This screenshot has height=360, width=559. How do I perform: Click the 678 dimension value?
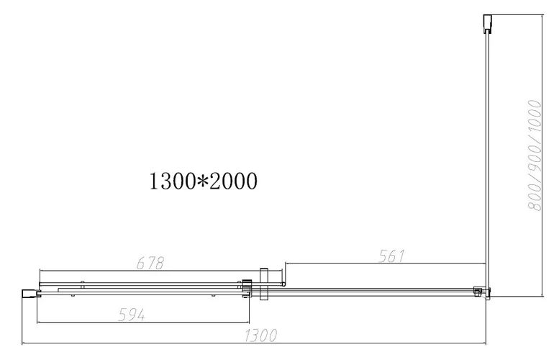150,264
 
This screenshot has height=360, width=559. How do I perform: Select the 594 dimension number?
132,315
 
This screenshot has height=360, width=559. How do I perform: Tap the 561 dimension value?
391,256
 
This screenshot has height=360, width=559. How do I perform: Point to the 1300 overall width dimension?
260,336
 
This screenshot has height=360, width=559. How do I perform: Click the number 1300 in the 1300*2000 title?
171,181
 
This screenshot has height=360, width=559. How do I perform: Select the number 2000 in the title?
233,181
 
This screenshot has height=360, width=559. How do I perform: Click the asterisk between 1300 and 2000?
201,181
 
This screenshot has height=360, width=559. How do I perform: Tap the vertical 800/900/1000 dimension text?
535,156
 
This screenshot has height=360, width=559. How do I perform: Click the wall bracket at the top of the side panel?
487,24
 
